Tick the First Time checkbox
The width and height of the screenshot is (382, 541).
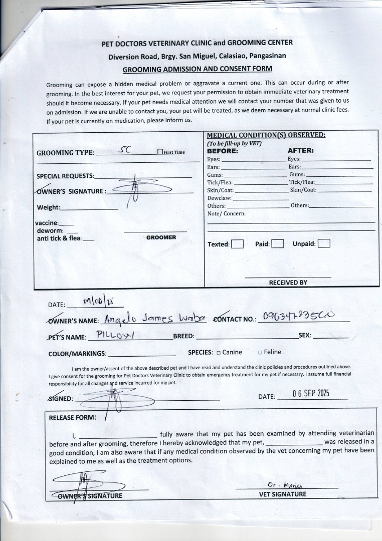click(x=160, y=152)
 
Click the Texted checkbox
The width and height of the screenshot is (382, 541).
click(x=238, y=244)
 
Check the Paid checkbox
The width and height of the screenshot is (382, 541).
click(x=278, y=244)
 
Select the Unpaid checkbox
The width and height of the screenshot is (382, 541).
click(x=324, y=244)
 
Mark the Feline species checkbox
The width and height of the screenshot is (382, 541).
click(x=260, y=352)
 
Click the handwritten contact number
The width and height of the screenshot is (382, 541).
click(x=302, y=317)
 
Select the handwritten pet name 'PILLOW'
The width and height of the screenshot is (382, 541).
click(x=115, y=335)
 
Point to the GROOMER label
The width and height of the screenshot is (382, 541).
click(x=161, y=237)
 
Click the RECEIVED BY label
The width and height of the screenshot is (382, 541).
click(x=288, y=283)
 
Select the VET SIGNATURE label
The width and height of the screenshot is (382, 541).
click(x=282, y=494)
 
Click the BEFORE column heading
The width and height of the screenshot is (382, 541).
click(x=222, y=150)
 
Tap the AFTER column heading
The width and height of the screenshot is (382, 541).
click(x=300, y=150)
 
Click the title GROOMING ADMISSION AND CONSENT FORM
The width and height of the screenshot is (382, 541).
click(x=197, y=69)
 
